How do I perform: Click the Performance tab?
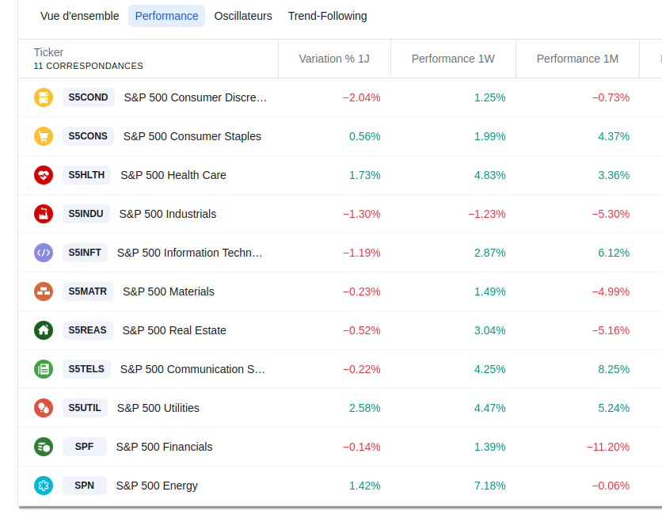click(x=166, y=16)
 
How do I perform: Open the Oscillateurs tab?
click(x=243, y=16)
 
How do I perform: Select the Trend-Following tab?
click(x=328, y=16)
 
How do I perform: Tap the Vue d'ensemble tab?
click(x=80, y=16)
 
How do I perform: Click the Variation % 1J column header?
click(x=334, y=59)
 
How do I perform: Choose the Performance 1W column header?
click(x=453, y=59)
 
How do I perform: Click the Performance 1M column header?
click(x=577, y=59)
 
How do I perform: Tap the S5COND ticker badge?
click(x=88, y=97)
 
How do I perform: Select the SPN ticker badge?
click(x=85, y=486)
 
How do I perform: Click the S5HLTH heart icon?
click(x=44, y=175)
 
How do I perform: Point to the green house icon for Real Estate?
click(x=44, y=330)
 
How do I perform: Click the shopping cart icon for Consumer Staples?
click(x=44, y=136)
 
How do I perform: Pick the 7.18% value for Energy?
click(x=489, y=486)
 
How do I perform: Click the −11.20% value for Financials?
click(x=608, y=447)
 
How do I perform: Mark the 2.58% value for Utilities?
click(x=365, y=408)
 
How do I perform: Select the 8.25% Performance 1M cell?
click(x=614, y=369)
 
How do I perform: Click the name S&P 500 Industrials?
click(x=168, y=214)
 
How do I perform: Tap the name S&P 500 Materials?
click(x=169, y=291)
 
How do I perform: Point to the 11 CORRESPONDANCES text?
click(x=88, y=66)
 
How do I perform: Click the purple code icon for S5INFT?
click(x=44, y=253)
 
